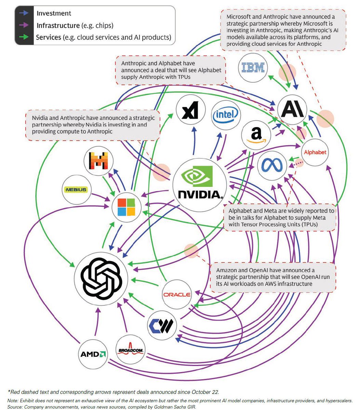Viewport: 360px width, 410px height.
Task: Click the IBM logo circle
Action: pos(252,67)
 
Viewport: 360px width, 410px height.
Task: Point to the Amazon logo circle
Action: pos(256,134)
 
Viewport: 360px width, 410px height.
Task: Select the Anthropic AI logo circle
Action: pos(292,110)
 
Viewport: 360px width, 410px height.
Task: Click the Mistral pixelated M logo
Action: pos(99,161)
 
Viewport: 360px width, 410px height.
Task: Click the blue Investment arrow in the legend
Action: pos(25,13)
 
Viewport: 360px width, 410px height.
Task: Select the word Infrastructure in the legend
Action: pos(57,25)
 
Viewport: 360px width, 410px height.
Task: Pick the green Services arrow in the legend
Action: pos(25,37)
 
